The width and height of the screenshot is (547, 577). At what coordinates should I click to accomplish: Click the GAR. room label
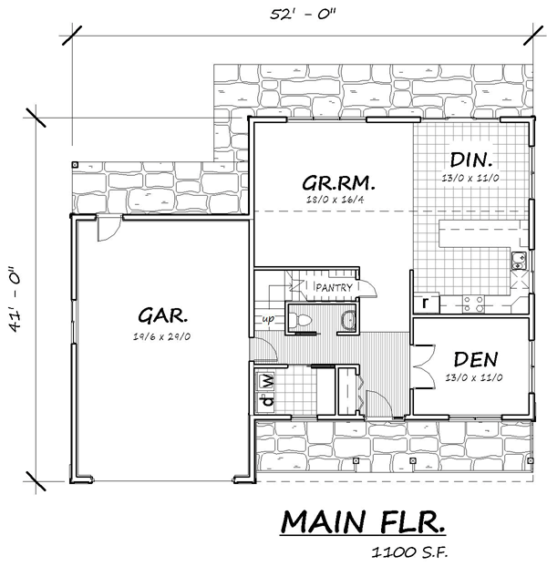(x=162, y=315)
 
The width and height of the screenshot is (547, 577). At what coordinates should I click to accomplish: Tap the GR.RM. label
(x=338, y=182)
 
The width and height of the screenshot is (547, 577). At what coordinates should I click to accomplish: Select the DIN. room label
(x=471, y=160)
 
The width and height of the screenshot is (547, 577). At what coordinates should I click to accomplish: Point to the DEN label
(x=476, y=359)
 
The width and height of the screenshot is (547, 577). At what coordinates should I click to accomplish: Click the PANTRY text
(x=334, y=287)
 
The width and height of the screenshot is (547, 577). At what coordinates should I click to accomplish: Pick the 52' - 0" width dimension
(x=303, y=15)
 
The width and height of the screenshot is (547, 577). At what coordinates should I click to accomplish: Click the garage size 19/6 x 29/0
(x=162, y=336)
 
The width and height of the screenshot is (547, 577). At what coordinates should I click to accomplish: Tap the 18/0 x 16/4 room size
(x=335, y=200)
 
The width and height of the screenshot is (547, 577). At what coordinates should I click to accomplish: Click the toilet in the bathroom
(x=298, y=319)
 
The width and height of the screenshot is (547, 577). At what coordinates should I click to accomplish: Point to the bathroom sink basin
(x=348, y=320)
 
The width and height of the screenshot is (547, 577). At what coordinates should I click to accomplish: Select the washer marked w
(x=268, y=382)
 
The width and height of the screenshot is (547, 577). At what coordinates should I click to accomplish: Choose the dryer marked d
(x=268, y=400)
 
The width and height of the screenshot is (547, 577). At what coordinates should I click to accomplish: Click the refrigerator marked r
(x=426, y=303)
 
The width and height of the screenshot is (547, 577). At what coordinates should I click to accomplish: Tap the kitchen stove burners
(x=473, y=304)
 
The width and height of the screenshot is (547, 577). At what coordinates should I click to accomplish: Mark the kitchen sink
(x=519, y=261)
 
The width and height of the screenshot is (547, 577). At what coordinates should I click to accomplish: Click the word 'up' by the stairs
(x=268, y=319)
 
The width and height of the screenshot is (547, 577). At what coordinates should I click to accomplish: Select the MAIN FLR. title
(x=363, y=521)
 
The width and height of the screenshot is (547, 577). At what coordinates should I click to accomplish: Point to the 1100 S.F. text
(x=409, y=552)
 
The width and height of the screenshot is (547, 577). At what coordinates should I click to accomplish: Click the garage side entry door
(x=109, y=228)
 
